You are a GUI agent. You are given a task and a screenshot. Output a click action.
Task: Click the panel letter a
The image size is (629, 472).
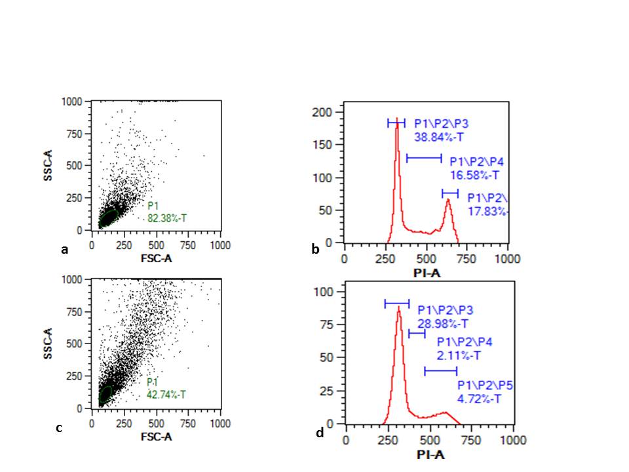click(64, 250)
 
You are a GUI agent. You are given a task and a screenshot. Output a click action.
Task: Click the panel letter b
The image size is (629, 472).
click(315, 249)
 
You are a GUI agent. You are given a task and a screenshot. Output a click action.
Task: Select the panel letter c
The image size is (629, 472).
click(59, 428)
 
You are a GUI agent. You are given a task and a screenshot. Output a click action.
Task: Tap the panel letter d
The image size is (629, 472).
click(319, 433)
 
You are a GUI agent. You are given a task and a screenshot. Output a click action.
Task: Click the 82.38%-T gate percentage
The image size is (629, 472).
click(166, 217)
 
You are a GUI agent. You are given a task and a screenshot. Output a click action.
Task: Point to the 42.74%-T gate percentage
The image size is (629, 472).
click(166, 395)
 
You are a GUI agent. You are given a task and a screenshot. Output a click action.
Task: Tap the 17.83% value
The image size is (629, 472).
click(488, 210)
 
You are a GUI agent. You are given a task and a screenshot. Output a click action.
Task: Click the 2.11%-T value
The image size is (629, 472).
click(459, 356)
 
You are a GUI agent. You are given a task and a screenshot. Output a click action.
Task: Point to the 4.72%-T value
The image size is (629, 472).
click(479, 398)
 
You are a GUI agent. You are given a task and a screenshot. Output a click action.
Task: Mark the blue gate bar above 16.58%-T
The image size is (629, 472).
click(424, 158)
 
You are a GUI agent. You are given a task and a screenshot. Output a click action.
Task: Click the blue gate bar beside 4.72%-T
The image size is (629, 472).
click(440, 372)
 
